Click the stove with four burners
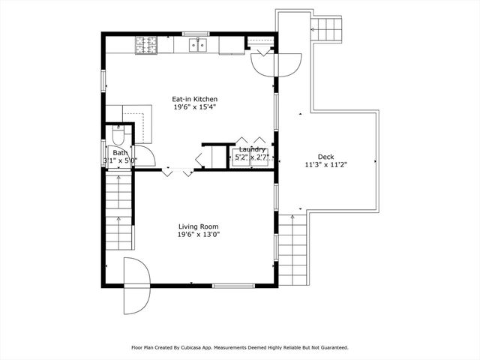[x=145, y=45]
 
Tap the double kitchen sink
[x=198, y=46]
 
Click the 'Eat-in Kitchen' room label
[x=195, y=99]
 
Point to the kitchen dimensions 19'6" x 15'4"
[x=195, y=108]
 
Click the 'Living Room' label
[x=198, y=226]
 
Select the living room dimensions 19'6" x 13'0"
[x=198, y=235]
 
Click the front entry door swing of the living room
[x=137, y=285]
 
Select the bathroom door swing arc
[x=145, y=156]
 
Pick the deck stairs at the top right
[x=325, y=30]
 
